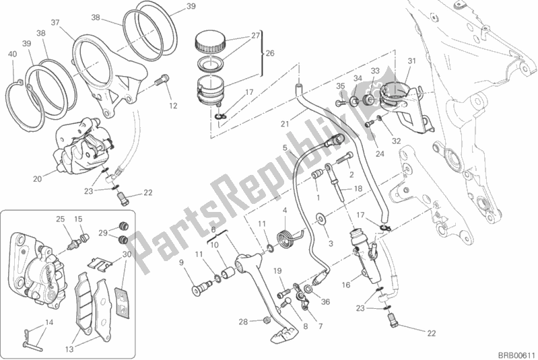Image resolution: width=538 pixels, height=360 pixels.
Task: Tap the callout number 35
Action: tap(341, 85)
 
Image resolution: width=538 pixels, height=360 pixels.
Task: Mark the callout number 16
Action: tap(346, 285)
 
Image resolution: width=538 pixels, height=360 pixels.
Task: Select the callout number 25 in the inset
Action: tap(60, 219)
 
